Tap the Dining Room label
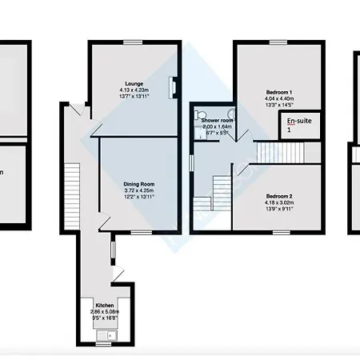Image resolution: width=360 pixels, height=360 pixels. pos(138,184)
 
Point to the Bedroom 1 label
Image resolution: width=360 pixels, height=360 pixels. pos(280,93)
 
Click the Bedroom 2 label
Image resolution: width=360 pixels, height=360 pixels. pos(279,196)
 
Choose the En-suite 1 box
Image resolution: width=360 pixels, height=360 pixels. pos(294,124)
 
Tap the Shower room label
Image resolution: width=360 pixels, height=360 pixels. pos(216,120)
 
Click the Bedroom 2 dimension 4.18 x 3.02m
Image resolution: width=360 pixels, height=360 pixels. pos(279,202)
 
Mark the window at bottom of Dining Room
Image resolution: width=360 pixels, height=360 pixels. pos(142,233)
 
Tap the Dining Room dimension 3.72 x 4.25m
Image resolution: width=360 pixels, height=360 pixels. pos(138,190)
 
